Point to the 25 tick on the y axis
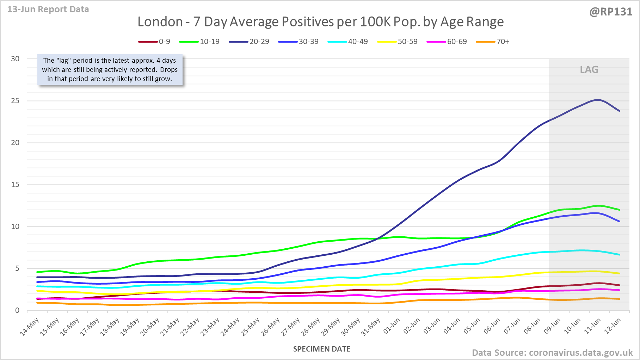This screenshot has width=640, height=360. pyautogui.click(x=15, y=101)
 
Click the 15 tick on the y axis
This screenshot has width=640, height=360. pyautogui.click(x=15, y=185)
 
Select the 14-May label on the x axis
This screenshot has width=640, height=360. pyautogui.click(x=30, y=327)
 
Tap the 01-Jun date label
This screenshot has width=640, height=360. pyautogui.click(x=392, y=326)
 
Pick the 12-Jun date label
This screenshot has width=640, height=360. pyautogui.click(x=613, y=326)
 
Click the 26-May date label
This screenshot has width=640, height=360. pyautogui.click(x=270, y=327)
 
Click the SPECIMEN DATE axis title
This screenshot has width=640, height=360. pyautogui.click(x=322, y=349)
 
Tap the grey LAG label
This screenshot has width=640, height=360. pyautogui.click(x=589, y=69)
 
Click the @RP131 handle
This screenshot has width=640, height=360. pyautogui.click(x=611, y=12)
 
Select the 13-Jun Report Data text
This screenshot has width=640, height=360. pyautogui.click(x=48, y=10)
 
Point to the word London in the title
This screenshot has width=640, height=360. pyautogui.click(x=160, y=22)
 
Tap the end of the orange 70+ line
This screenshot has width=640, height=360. pyautogui.click(x=620, y=299)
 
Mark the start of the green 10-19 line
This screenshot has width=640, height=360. pyautogui.click(x=37, y=272)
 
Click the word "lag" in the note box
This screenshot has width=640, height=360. pyautogui.click(x=64, y=61)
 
